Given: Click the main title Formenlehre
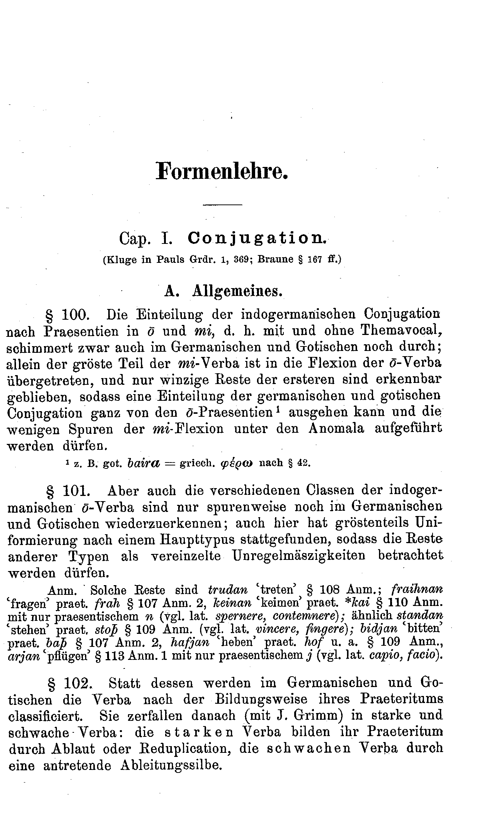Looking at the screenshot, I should [x=222, y=171].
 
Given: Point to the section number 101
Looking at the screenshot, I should [x=77, y=491].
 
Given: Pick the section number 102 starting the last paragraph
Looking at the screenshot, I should [x=77, y=683].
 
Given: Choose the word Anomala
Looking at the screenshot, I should [x=336, y=429].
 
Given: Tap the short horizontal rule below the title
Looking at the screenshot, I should [x=222, y=205].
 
